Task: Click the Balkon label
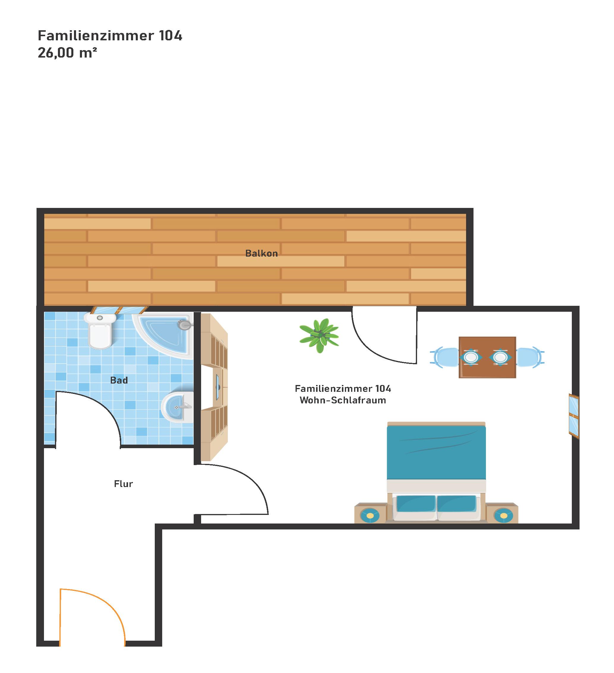(x=261, y=253)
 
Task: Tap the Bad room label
(x=119, y=380)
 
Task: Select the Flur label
(x=123, y=484)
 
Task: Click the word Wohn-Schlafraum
(x=342, y=400)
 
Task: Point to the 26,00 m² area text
(x=67, y=53)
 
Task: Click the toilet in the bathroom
(x=100, y=330)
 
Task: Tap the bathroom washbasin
(x=177, y=407)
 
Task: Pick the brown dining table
(x=487, y=357)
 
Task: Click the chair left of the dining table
(x=445, y=357)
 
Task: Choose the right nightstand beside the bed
(x=502, y=513)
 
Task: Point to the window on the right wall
(x=574, y=416)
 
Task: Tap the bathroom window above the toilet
(x=119, y=310)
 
